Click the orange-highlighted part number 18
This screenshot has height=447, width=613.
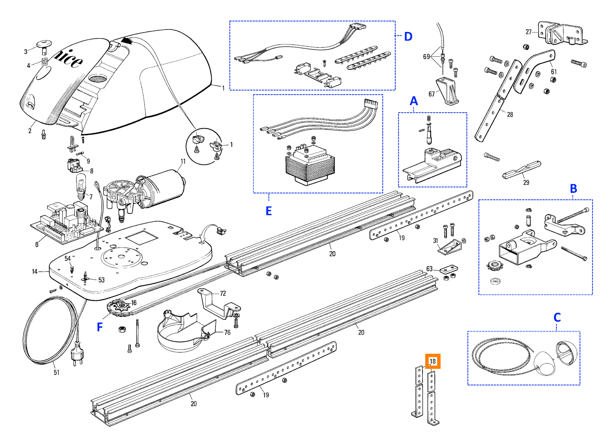pyautogui.click(x=433, y=361)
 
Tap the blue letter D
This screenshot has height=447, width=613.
pyautogui.click(x=408, y=37)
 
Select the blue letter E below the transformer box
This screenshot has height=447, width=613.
pyautogui.click(x=269, y=211)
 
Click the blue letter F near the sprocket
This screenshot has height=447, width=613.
pyautogui.click(x=100, y=327)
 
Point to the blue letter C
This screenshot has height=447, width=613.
pyautogui.click(x=557, y=318)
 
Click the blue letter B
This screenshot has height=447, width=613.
pyautogui.click(x=573, y=189)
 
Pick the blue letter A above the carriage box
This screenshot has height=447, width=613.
pyautogui.click(x=414, y=101)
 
